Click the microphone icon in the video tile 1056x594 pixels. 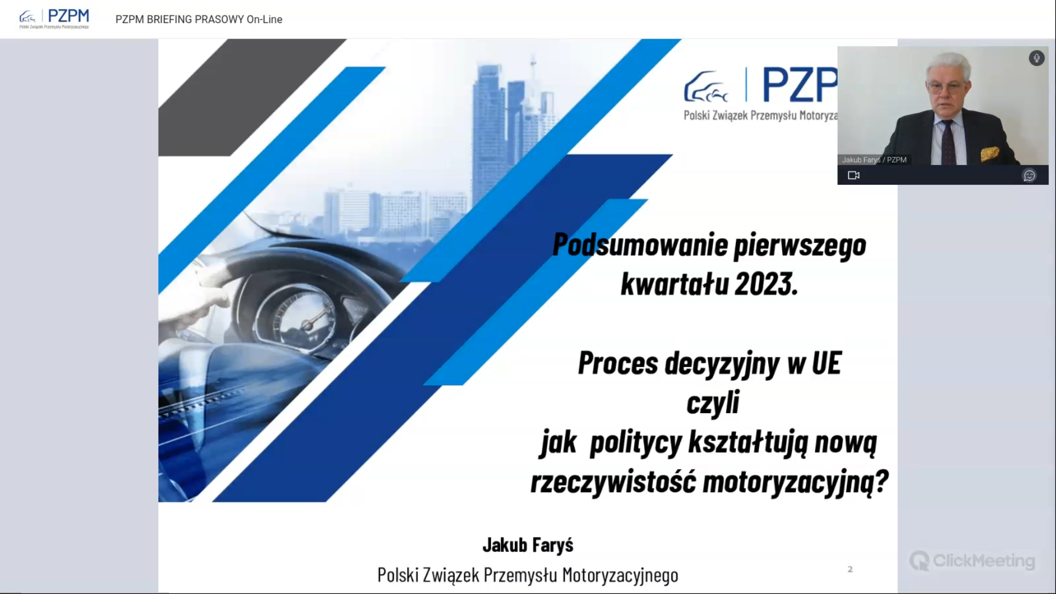[x=1036, y=58]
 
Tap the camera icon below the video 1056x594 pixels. [x=854, y=175]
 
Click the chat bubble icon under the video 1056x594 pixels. [x=1029, y=175]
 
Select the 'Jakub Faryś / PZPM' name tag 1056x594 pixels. [x=874, y=160]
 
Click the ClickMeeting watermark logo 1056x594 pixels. [x=972, y=561]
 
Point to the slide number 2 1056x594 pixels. [x=850, y=569]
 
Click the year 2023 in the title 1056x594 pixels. [x=765, y=284]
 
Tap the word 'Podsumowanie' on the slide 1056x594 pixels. [x=640, y=245]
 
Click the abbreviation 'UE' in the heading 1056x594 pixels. [x=826, y=364]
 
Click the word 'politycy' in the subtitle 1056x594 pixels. [x=636, y=443]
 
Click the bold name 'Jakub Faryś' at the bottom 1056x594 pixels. [x=527, y=545]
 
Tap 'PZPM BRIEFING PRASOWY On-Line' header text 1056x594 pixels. [x=199, y=19]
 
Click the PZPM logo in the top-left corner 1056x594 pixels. [x=54, y=19]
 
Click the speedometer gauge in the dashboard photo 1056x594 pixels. [x=300, y=319]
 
